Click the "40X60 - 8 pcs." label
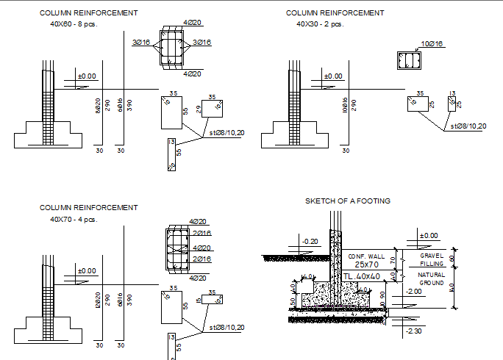[x=73, y=24]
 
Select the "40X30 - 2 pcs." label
[x=320, y=24]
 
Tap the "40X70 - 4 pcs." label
[x=73, y=219]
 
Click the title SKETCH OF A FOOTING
[x=347, y=201]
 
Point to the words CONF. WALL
[x=365, y=256]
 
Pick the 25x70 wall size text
[x=366, y=264]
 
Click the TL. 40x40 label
[x=362, y=276]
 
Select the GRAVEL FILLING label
[x=432, y=259]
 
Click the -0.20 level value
[x=310, y=241]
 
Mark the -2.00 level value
[x=413, y=291]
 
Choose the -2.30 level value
[x=413, y=331]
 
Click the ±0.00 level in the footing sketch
[x=427, y=236]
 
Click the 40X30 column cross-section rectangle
[x=407, y=60]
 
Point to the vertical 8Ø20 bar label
[x=98, y=106]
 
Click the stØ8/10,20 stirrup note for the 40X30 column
[x=468, y=126]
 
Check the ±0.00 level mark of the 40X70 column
[x=87, y=271]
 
